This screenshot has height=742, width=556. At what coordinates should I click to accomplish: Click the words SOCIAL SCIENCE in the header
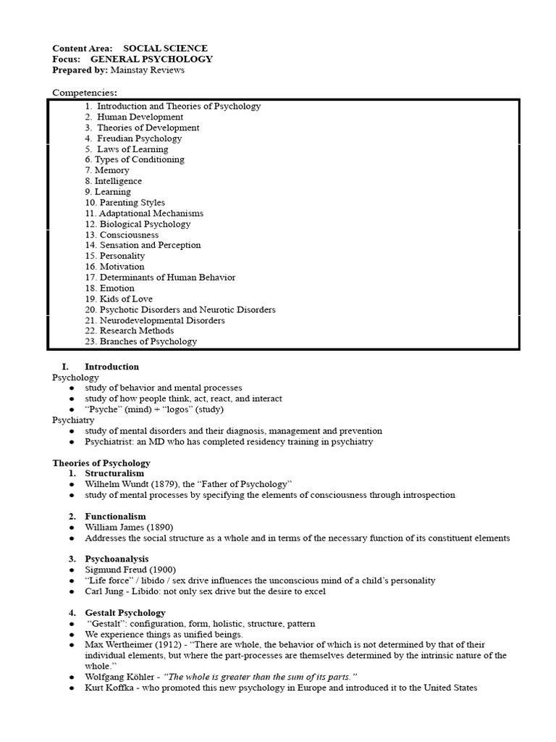click(165, 48)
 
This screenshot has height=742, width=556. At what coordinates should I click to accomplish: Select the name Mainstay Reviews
click(148, 70)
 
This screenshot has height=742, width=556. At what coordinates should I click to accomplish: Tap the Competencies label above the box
click(84, 93)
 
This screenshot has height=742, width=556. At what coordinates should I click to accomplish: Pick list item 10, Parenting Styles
click(125, 203)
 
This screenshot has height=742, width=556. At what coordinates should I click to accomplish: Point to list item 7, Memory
click(107, 170)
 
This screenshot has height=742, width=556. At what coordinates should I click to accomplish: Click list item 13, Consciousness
click(122, 235)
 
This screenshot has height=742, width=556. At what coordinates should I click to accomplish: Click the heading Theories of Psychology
click(101, 463)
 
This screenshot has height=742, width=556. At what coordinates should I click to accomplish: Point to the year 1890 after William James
click(161, 527)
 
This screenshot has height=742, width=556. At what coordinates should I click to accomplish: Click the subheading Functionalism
click(115, 516)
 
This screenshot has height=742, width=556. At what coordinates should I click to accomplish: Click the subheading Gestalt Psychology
click(125, 612)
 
